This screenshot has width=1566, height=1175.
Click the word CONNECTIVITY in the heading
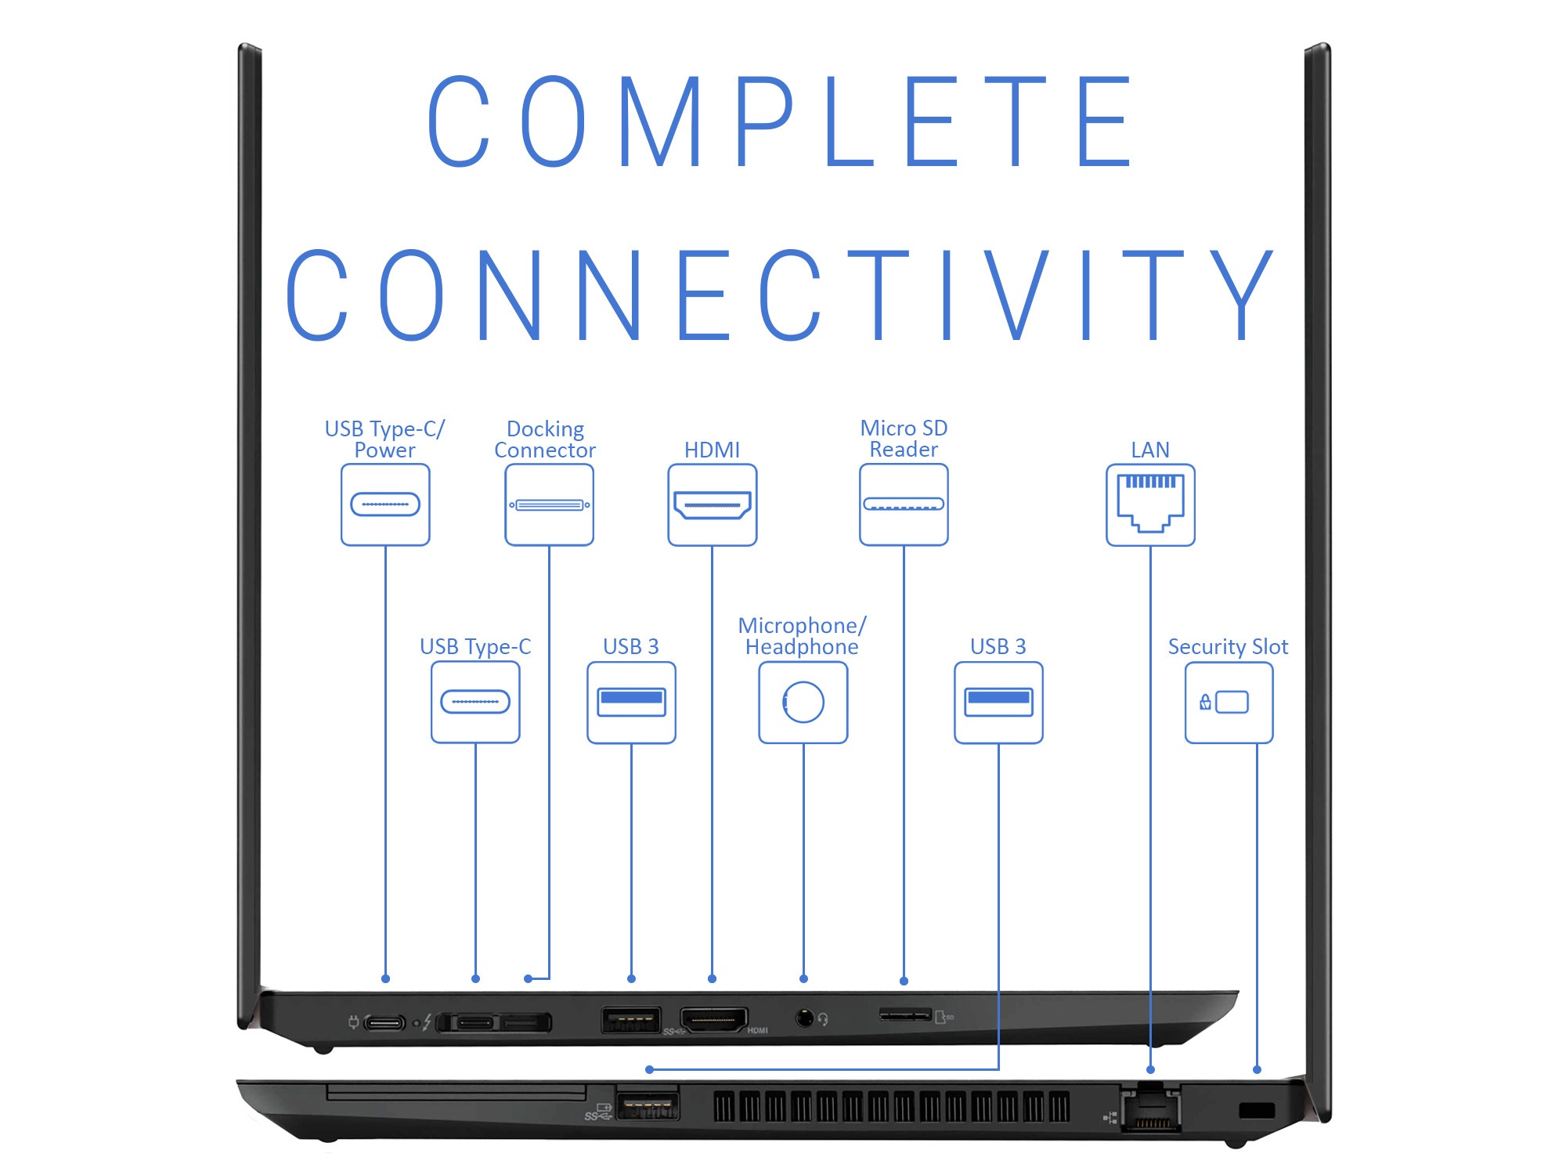point(780,295)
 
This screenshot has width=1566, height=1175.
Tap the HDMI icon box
point(712,504)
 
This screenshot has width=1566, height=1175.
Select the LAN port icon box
point(1149,504)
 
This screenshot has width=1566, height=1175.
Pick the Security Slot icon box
point(1228,702)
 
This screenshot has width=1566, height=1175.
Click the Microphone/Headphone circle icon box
point(803,702)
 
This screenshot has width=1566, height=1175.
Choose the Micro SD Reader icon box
point(904,504)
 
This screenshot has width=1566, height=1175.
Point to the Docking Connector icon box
point(549,504)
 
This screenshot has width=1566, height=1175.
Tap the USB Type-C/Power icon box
point(385,504)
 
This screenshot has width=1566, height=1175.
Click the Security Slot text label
point(1227,646)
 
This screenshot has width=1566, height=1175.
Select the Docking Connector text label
point(545,439)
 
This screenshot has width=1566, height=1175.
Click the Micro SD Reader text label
point(904,439)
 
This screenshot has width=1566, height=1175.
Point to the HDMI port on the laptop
point(713,1020)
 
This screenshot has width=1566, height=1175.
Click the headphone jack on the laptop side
point(804,1018)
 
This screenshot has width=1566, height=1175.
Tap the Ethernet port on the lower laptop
point(1150,1111)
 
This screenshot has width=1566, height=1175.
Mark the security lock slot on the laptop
point(1257,1110)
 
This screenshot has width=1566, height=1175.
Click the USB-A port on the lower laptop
point(647,1106)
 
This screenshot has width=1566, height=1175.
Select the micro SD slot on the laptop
point(905,1015)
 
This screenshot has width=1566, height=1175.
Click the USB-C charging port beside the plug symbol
point(384,1022)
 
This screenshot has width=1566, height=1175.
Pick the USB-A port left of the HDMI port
point(630,1020)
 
